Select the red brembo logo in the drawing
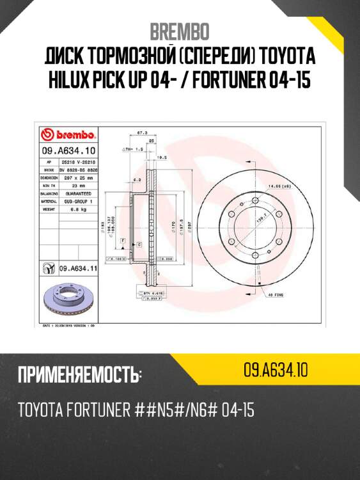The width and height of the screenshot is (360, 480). pyautogui.click(x=68, y=135)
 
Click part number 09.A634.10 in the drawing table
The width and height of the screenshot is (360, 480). pyautogui.click(x=68, y=152)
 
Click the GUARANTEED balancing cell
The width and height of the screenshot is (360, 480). pyautogui.click(x=76, y=193)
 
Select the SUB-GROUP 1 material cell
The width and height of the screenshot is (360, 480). pyautogui.click(x=76, y=200)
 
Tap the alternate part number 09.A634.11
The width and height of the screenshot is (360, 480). pyautogui.click(x=76, y=269)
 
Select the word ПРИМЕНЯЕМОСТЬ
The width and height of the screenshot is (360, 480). pyautogui.click(x=79, y=374)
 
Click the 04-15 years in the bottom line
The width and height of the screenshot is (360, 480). pyautogui.click(x=237, y=410)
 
